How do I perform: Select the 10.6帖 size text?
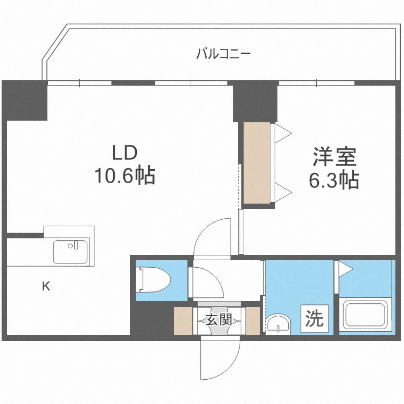[126, 176]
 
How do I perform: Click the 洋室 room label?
[333, 157]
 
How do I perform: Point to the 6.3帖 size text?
[333, 181]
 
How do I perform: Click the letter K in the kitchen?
[46, 287]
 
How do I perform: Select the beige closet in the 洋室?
[256, 164]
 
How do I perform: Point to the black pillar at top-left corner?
[25, 101]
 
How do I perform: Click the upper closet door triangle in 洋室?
[283, 133]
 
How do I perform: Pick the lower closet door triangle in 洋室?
[283, 190]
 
